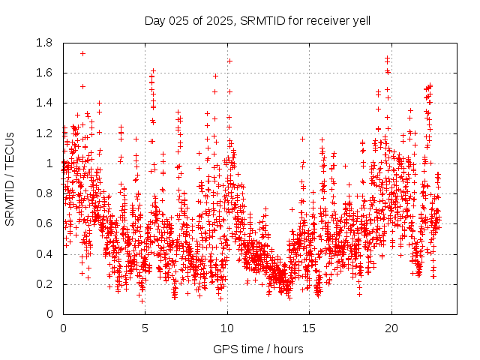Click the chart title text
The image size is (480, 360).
(257, 19)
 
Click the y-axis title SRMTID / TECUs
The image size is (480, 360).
(10, 178)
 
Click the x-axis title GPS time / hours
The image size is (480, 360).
(258, 349)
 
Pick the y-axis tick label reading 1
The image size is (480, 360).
(49, 163)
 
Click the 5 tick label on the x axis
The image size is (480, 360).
(145, 328)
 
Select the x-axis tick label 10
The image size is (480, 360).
(226, 328)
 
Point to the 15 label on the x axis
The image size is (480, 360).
(308, 328)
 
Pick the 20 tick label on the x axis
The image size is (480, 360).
(390, 328)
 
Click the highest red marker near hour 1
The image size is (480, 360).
(82, 53)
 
